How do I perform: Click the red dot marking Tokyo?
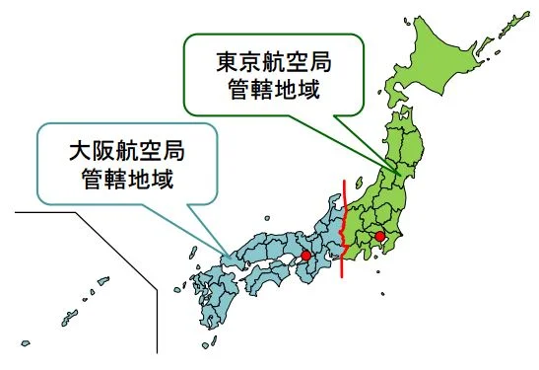tap(380, 237)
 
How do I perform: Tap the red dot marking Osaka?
tap(305, 256)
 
